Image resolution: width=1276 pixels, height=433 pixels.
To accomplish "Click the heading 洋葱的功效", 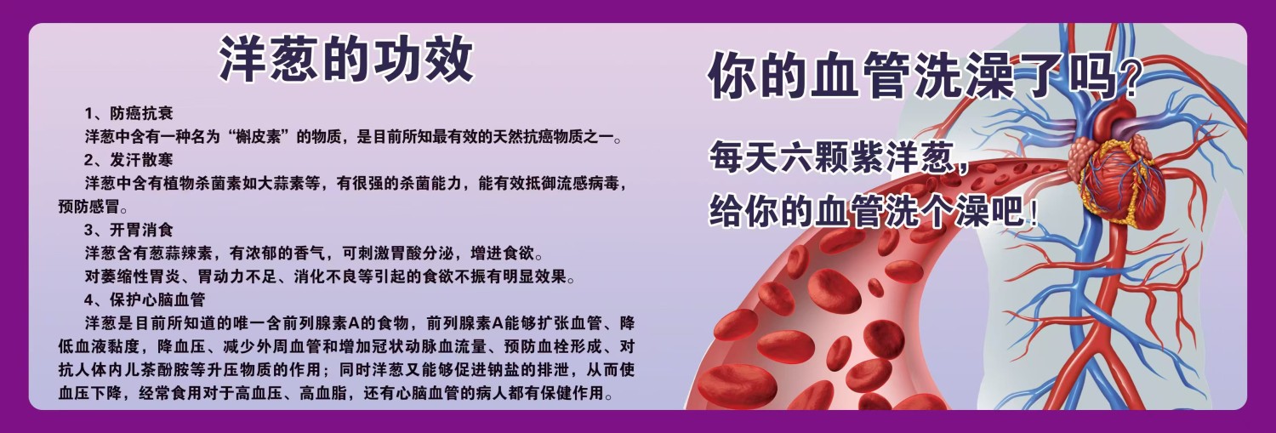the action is tap(346, 60).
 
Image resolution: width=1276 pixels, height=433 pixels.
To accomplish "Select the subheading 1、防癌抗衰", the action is tap(128, 113).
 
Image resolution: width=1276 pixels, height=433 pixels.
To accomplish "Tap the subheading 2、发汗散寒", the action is tap(128, 160).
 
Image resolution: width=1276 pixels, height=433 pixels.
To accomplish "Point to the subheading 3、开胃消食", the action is tap(128, 231).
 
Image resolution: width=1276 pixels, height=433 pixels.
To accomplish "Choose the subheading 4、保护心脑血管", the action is tap(145, 300).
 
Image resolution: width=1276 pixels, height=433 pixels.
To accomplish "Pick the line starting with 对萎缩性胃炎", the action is tap(330, 276).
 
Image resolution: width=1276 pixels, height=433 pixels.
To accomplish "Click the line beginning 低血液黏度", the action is tap(346, 346).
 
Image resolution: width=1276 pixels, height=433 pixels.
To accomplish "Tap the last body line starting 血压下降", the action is tap(335, 393).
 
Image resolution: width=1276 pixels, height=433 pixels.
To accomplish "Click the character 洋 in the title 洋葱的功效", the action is tap(243, 60).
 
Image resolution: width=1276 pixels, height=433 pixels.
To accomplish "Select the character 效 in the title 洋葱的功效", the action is tap(450, 60).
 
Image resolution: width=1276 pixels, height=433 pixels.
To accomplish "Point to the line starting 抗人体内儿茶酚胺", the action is tap(346, 370).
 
